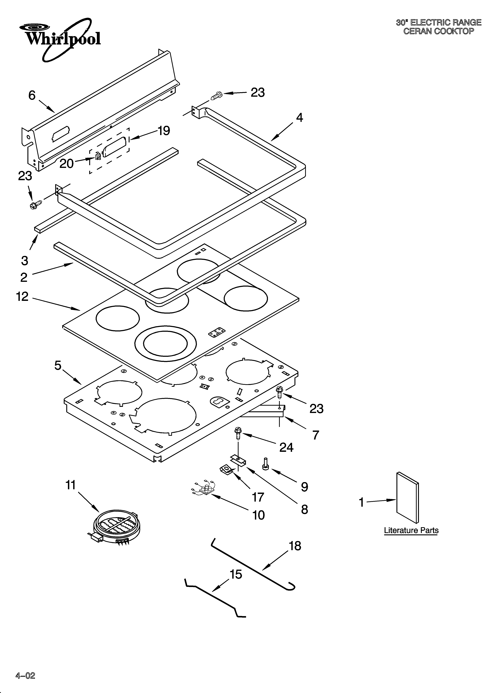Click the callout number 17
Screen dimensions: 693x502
(258, 497)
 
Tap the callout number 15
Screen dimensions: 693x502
(236, 574)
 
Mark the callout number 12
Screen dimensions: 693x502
(22, 296)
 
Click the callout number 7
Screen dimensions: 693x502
(315, 435)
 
